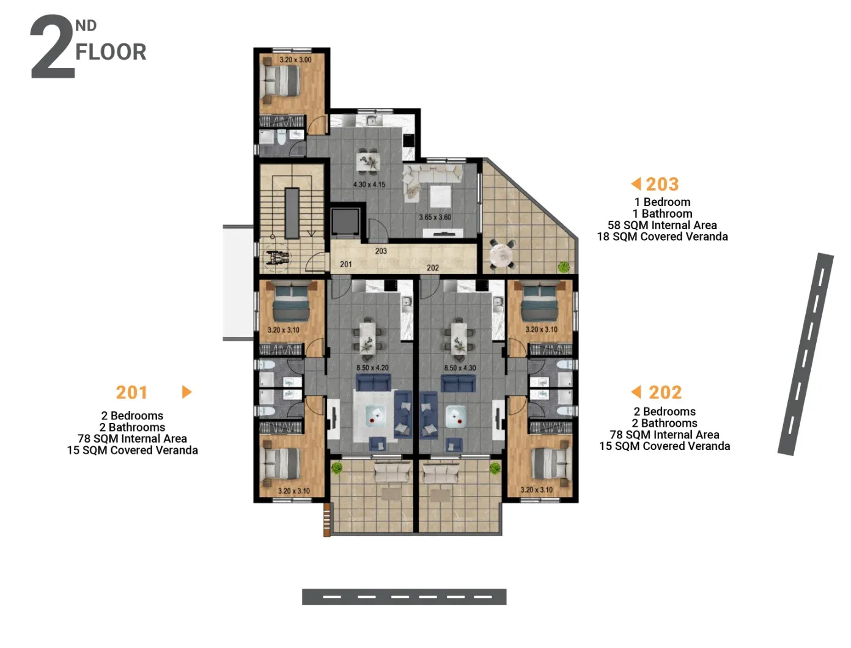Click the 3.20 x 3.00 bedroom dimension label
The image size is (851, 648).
pos(295,60)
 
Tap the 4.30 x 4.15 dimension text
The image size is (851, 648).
pos(369,185)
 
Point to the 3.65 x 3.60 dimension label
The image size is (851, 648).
pos(435,217)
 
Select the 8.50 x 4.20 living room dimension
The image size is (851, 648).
pos(372,367)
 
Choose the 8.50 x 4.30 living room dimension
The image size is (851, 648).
pos(460,367)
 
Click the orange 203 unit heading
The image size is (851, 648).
pos(662,184)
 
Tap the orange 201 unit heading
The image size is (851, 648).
pos(131,392)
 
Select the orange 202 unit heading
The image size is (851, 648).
pos(665,392)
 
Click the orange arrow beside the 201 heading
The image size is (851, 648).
pos(186,392)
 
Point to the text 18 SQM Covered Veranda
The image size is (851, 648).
pos(662,237)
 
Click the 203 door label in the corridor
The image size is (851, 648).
pos(381,251)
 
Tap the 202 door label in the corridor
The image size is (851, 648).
pos(433,268)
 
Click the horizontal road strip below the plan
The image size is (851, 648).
pos(404,597)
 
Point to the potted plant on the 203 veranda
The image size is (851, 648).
pos(563,267)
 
